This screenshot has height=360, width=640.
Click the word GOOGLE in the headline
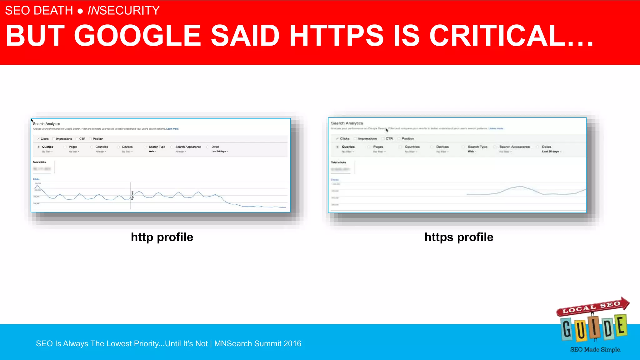[x=137, y=36]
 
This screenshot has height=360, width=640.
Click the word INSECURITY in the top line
[x=123, y=11]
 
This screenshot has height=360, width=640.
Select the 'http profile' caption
[x=162, y=237]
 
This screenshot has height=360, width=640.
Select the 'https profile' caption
[x=459, y=237]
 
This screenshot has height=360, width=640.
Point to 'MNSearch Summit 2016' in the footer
[x=257, y=343]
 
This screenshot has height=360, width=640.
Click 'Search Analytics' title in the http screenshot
[x=47, y=124]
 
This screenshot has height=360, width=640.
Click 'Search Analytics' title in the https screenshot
[x=347, y=123]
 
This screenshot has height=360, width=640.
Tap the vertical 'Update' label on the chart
[x=132, y=195]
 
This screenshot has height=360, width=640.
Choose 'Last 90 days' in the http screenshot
[x=219, y=152]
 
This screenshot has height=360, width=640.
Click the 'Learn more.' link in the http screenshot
[x=172, y=129]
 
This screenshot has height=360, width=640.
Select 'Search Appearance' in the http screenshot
[x=188, y=147]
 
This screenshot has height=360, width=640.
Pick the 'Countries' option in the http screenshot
[x=102, y=147]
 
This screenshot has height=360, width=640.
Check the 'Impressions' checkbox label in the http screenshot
[x=64, y=139]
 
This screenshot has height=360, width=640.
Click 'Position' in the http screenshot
[x=98, y=139]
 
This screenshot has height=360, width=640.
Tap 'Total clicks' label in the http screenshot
[x=39, y=162]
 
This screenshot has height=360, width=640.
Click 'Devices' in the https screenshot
[x=442, y=147]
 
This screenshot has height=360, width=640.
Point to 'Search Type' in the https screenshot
[x=477, y=147]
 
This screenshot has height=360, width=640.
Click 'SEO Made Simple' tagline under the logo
[x=595, y=350]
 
